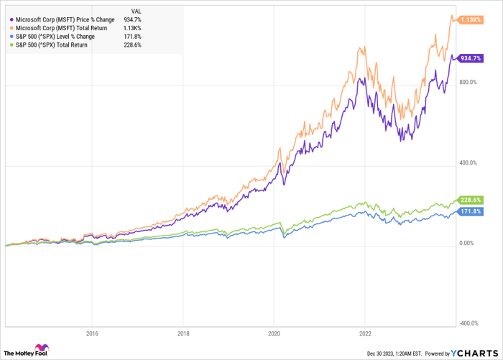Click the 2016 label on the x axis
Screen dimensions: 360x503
(x=92, y=333)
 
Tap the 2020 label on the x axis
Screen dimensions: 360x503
(x=274, y=333)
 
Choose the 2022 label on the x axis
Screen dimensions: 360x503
(x=365, y=333)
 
